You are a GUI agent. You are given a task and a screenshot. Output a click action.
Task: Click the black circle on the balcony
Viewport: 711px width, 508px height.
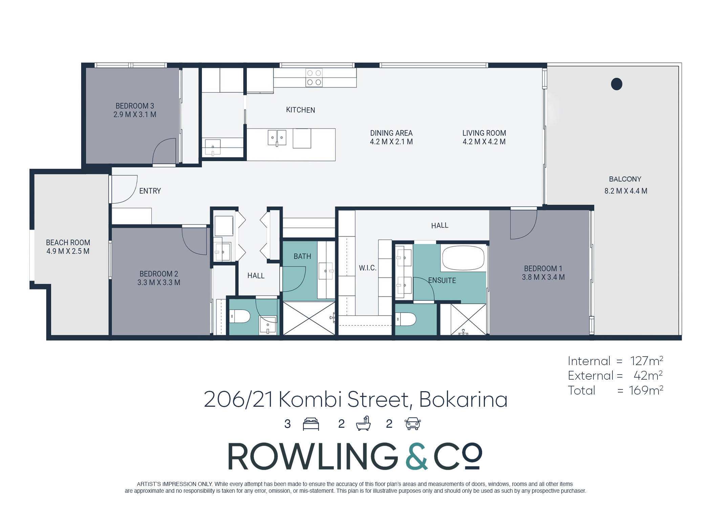617,84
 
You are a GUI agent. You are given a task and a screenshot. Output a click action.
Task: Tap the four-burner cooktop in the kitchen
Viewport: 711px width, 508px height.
314,78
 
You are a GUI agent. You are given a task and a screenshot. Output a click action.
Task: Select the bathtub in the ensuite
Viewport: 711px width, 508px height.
463,258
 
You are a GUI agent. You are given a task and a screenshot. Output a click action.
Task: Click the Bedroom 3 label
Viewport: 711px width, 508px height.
135,106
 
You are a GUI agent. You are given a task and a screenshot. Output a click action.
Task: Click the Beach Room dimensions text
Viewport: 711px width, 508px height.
68,251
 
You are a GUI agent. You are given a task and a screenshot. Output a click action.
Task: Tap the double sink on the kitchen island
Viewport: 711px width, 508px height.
277,138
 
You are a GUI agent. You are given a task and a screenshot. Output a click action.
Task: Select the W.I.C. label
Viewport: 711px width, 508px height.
368,268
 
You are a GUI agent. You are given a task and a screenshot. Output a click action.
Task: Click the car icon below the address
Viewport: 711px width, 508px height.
413,424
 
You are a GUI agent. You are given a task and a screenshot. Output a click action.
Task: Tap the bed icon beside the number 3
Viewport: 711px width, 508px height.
311,424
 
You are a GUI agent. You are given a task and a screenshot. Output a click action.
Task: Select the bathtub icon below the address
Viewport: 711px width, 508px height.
363,423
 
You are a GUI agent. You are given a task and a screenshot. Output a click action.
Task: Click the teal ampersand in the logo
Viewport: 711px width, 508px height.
416,456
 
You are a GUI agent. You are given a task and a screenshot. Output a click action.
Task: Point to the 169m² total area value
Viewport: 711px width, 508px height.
646,390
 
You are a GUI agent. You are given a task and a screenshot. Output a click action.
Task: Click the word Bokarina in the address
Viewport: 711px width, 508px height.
463,400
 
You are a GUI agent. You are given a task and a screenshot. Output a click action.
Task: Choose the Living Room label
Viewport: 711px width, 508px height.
484,133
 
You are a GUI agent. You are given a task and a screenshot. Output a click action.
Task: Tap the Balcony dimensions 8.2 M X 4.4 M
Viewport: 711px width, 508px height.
626,191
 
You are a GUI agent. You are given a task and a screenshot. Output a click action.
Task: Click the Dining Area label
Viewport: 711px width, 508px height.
391,133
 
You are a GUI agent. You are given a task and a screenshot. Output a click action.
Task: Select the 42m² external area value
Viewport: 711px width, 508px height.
648,376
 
